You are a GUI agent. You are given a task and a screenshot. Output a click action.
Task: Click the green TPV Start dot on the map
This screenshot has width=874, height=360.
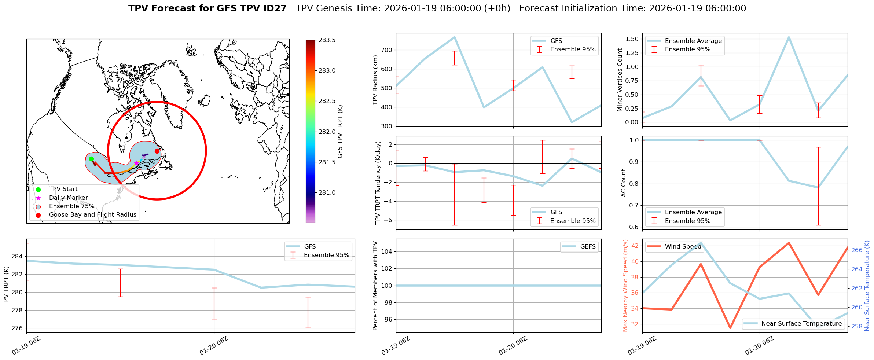coord(91,159)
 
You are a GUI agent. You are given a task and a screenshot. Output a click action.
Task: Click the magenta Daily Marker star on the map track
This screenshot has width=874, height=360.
coord(136,163)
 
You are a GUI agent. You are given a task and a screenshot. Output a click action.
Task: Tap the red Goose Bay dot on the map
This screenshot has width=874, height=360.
coord(157,151)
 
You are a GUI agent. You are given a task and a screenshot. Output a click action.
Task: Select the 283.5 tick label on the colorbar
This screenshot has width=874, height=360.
coord(327,40)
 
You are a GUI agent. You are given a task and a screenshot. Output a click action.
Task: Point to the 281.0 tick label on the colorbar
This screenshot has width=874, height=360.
coord(327,192)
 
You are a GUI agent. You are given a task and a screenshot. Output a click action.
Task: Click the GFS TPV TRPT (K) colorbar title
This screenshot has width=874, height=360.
coord(340,132)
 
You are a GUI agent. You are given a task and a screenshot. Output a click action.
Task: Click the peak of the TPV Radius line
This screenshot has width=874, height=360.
coord(455,37)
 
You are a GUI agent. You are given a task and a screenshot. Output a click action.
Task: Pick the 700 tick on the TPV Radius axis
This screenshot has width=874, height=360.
coord(387,50)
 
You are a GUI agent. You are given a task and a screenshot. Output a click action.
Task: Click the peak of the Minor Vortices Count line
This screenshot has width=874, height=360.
coord(789,37)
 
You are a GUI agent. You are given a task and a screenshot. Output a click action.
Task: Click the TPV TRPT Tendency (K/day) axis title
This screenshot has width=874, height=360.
coord(378,183)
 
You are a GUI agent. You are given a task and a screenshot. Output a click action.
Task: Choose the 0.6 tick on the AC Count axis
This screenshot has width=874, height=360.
coord(634,227)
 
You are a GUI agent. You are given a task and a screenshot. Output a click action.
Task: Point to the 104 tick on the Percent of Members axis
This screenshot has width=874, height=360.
coord(387,251)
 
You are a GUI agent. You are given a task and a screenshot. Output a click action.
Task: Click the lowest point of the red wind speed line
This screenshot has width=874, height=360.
coord(730,328)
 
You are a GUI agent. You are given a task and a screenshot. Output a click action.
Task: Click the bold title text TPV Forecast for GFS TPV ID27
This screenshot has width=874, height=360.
coord(207,8)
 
